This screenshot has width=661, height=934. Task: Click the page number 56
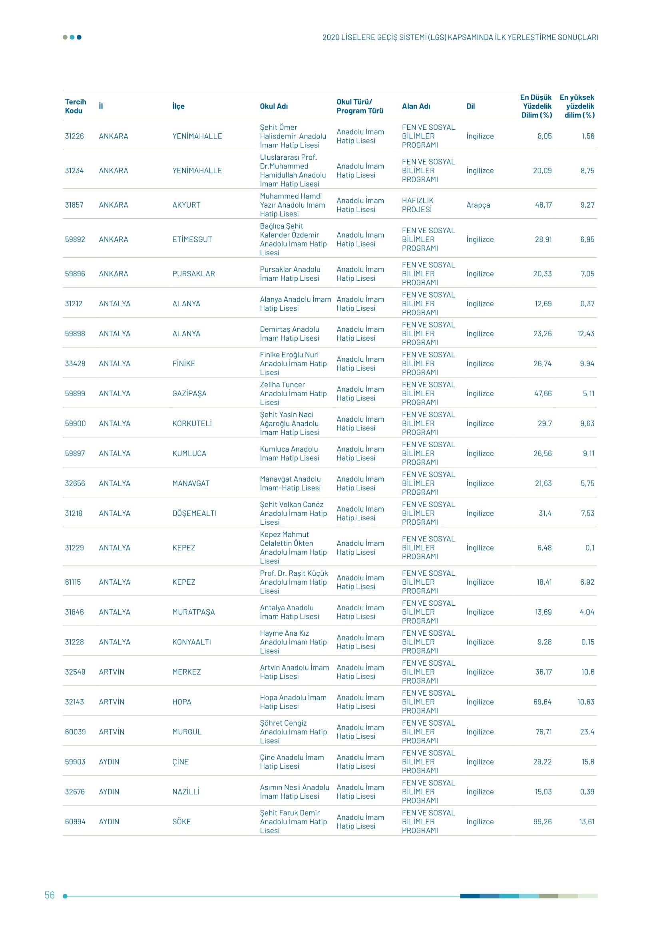49,895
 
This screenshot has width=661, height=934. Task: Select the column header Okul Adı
273,106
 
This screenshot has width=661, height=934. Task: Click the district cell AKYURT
186,205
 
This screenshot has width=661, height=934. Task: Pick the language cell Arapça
478,205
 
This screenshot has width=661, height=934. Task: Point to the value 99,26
542,822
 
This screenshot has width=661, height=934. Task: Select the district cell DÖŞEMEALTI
194,514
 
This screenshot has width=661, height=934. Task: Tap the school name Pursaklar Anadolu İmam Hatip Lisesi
290,274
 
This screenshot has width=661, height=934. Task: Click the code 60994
75,822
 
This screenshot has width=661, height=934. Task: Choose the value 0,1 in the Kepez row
589,547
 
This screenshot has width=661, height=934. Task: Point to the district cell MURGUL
187,732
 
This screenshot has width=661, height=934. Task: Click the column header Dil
470,106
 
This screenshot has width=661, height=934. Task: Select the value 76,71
544,732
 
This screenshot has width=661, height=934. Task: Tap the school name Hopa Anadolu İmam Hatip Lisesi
293,702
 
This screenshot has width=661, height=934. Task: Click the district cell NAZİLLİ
185,791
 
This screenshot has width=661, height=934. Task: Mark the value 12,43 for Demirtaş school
585,333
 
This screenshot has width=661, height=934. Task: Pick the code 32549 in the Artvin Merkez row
75,672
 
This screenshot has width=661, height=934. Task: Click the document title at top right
460,38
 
